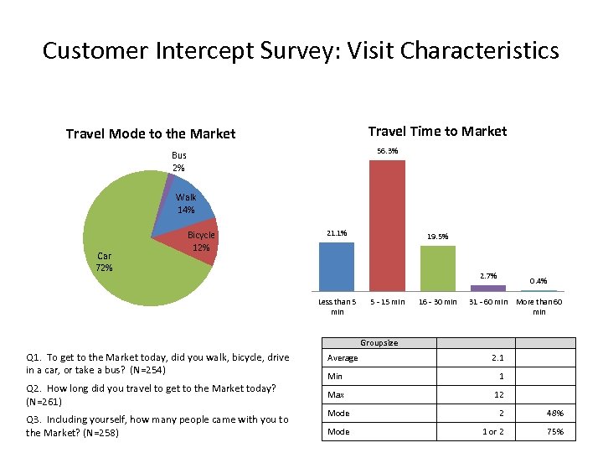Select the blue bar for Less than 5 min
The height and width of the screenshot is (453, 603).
pyautogui.click(x=337, y=266)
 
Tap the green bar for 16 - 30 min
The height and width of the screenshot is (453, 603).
pyautogui.click(x=437, y=268)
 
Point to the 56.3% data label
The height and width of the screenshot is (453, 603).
pyautogui.click(x=387, y=151)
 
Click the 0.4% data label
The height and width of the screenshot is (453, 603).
pyautogui.click(x=539, y=281)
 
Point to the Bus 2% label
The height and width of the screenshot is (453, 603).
pyautogui.click(x=179, y=161)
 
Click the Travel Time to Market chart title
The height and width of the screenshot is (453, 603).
pyautogui.click(x=437, y=131)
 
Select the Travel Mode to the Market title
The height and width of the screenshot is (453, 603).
pyautogui.click(x=151, y=133)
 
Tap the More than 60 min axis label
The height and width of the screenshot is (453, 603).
pyautogui.click(x=539, y=306)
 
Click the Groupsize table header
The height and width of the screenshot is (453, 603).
pyautogui.click(x=379, y=342)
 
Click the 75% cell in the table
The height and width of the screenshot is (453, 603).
pyautogui.click(x=554, y=432)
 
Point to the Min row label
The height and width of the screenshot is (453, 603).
pyautogui.click(x=335, y=376)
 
